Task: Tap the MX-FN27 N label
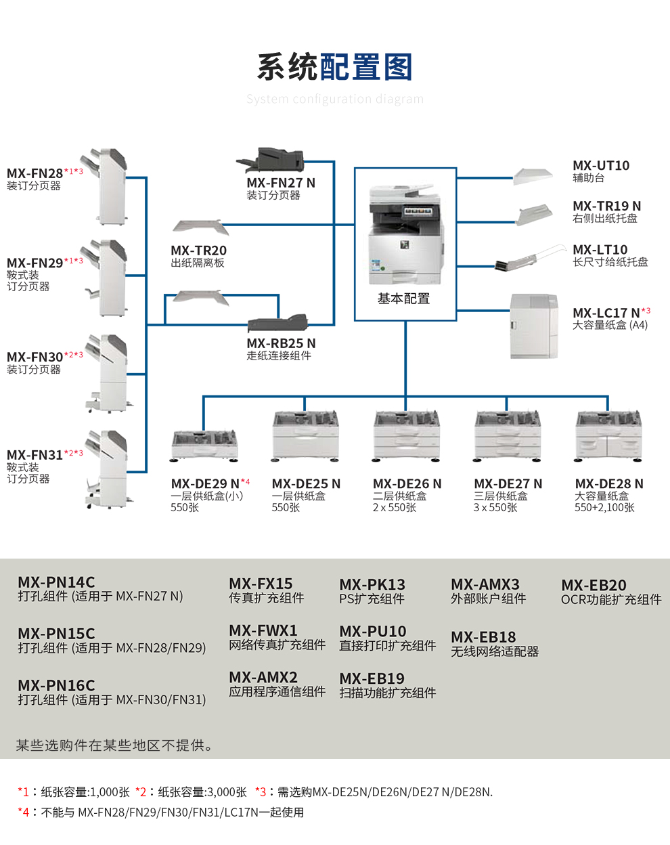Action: click(x=281, y=183)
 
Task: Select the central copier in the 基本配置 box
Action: click(x=405, y=234)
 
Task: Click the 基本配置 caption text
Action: click(x=404, y=299)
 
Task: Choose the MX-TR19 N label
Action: click(x=606, y=206)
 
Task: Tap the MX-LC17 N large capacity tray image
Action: click(x=534, y=326)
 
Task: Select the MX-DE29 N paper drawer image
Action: click(x=204, y=445)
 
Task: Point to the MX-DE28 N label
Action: click(x=609, y=483)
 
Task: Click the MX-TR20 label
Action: click(x=199, y=251)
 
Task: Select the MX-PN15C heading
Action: click(x=56, y=634)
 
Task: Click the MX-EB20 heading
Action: click(x=594, y=585)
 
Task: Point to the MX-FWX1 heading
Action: click(x=263, y=630)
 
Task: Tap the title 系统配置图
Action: click(x=334, y=67)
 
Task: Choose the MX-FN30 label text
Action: click(x=35, y=357)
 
